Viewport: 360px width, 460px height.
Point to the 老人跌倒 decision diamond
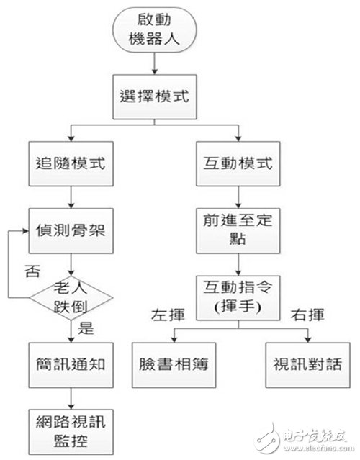(x=71, y=295)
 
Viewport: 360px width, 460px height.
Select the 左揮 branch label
(x=165, y=315)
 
